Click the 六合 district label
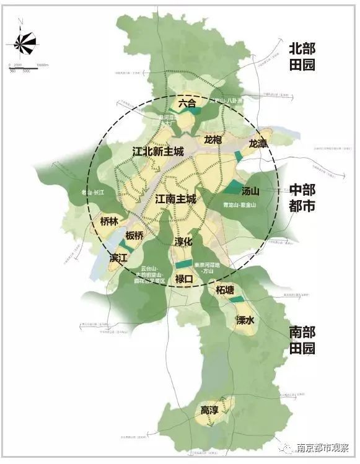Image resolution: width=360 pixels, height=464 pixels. [187, 103]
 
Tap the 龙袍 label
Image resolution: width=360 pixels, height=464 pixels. [213, 140]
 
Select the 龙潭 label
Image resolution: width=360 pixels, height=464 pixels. [258, 144]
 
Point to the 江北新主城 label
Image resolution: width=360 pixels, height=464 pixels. [158, 151]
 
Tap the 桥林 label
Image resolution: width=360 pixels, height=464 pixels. [108, 221]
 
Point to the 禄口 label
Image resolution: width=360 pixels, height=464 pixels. [185, 279]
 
